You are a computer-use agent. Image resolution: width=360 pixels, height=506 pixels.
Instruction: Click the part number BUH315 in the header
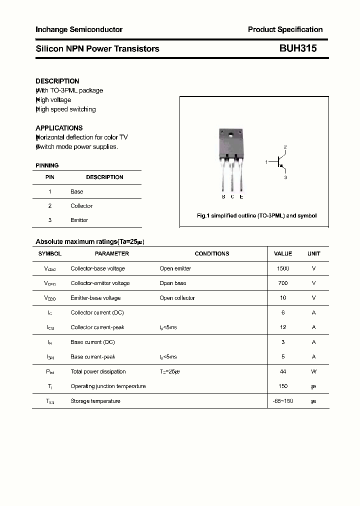coord(297,48)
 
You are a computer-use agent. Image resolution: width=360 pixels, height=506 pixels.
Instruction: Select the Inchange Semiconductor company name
coord(79,29)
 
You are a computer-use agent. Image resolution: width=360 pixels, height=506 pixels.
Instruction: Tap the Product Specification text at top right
coord(285,29)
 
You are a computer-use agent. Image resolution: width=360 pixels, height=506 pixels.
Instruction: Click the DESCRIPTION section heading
coord(57,81)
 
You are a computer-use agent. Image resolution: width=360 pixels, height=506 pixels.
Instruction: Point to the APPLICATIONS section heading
coord(59,128)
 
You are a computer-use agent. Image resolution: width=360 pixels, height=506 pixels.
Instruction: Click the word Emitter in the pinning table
coord(79,220)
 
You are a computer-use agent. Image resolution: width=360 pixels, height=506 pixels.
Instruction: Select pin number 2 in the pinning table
coord(50,206)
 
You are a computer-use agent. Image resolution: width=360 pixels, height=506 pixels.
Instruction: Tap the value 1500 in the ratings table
coord(283,268)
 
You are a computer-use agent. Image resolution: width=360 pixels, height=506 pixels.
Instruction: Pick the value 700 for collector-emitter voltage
coord(283,283)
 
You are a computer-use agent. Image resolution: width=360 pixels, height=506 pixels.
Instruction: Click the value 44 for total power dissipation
coord(283,371)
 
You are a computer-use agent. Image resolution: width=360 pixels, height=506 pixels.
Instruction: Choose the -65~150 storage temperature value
coord(283,401)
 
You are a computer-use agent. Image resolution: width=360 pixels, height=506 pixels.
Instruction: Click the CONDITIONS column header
coord(212,253)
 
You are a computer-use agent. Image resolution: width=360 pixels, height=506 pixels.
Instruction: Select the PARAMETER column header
coord(112,253)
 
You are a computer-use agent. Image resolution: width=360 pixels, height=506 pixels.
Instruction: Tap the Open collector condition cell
coord(177,298)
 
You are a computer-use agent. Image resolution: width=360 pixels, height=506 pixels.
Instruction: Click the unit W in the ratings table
coord(313,371)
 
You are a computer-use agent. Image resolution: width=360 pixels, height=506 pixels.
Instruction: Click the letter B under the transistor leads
coord(223,196)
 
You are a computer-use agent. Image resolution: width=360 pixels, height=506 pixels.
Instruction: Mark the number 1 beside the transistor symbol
coord(266,162)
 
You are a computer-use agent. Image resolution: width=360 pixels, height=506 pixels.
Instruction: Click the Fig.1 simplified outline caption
coord(256,216)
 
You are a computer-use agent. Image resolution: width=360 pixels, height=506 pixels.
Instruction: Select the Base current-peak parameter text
coord(93,357)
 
